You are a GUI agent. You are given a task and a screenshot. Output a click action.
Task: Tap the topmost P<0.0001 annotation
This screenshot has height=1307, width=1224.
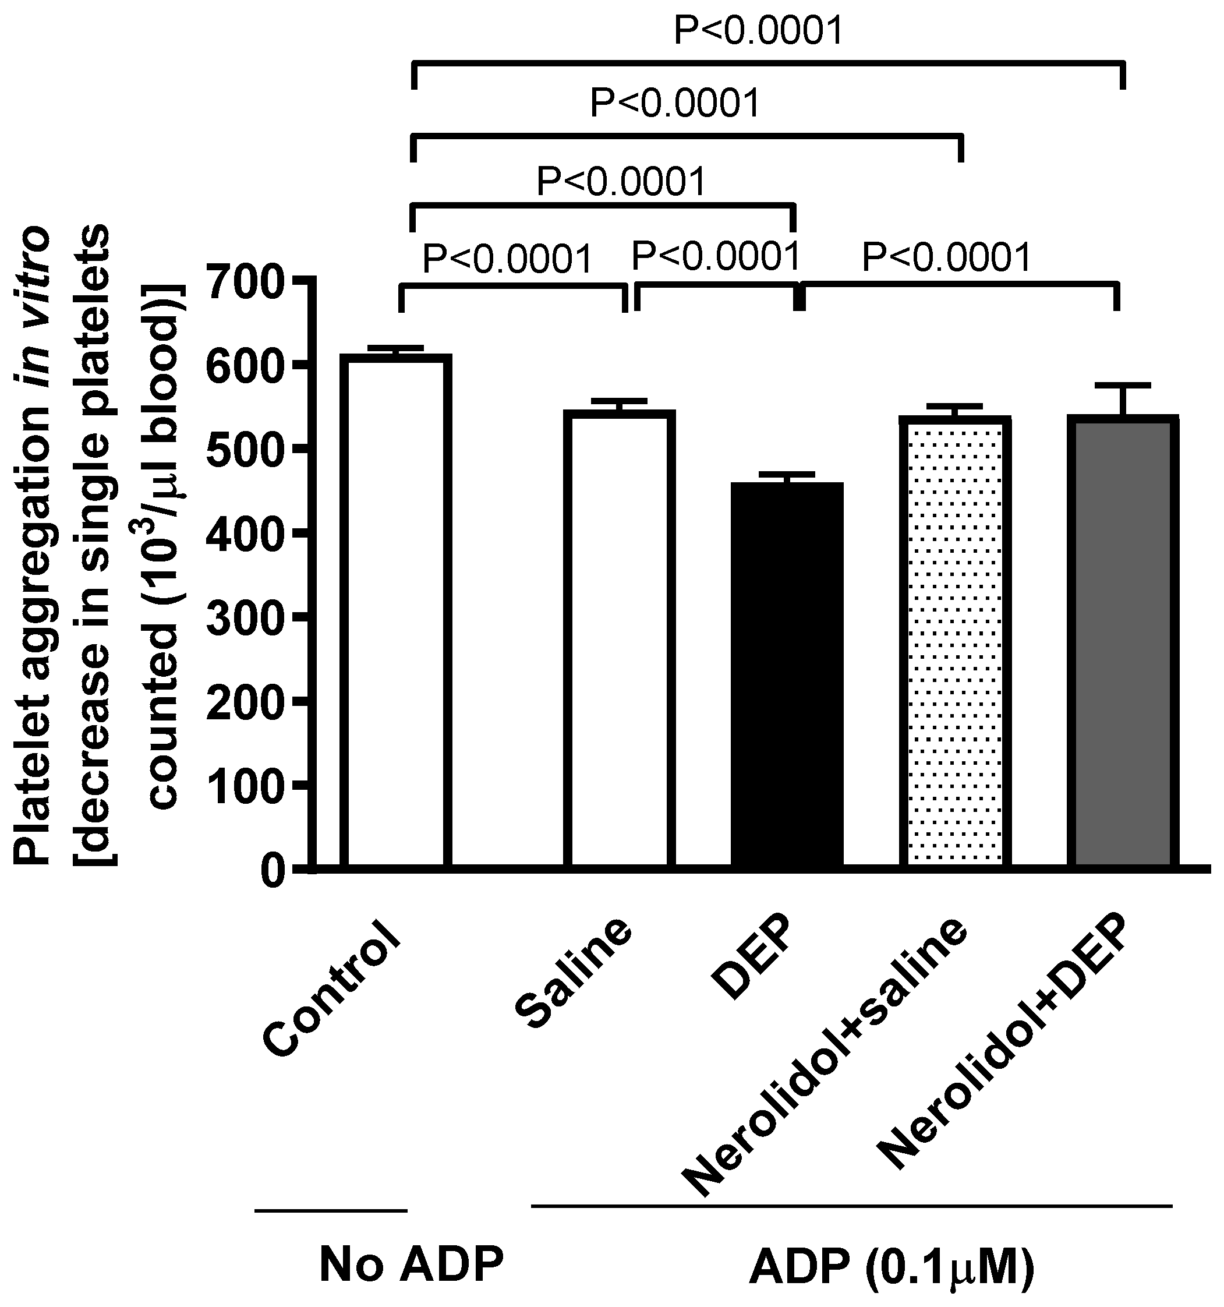click(759, 31)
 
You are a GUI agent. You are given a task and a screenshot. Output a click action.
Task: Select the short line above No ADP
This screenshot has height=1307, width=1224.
click(331, 1210)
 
